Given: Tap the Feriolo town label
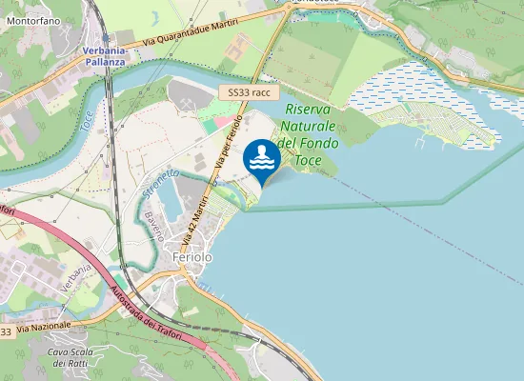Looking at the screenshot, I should [x=191, y=257].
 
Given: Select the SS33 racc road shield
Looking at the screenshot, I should [x=249, y=92].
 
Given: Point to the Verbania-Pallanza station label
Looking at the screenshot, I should [x=104, y=55].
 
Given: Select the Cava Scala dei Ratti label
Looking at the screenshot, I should [x=71, y=357].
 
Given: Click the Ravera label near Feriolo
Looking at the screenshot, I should [x=155, y=225].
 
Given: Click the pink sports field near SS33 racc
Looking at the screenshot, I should [x=220, y=123].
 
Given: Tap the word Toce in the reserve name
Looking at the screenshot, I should [x=308, y=160].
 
